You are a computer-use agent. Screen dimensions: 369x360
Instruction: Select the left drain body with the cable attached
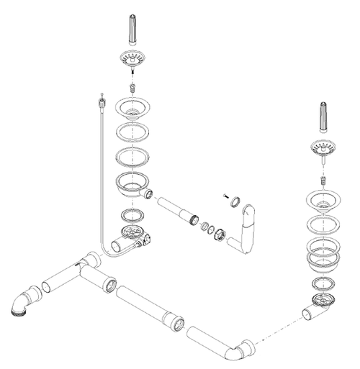coord(132,235)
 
